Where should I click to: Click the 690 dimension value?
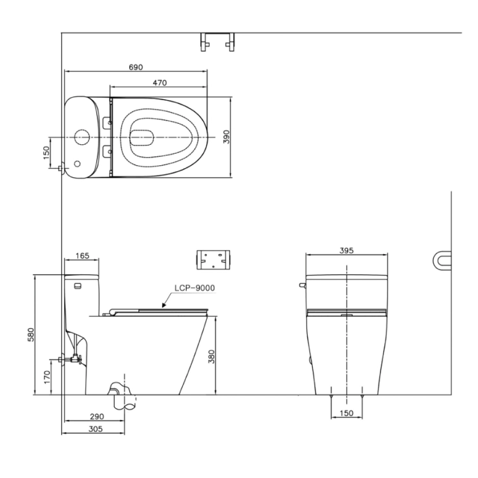click(x=136, y=67)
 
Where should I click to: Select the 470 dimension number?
click(x=160, y=83)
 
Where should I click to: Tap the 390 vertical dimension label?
click(x=226, y=137)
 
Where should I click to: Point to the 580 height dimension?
click(x=31, y=334)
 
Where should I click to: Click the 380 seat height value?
click(x=211, y=357)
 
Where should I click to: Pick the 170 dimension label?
click(x=47, y=377)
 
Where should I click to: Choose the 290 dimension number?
click(x=97, y=416)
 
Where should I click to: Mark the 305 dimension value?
click(x=96, y=429)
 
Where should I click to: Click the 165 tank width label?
click(x=82, y=255)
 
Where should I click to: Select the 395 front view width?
click(x=347, y=251)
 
